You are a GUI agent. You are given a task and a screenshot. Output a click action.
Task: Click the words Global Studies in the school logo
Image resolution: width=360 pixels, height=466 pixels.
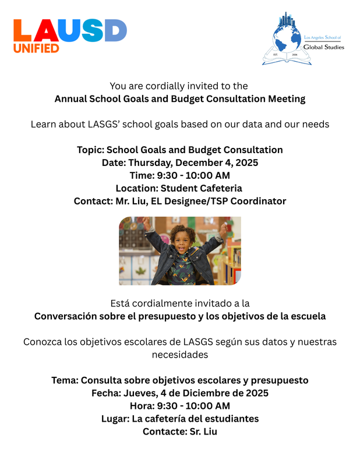324,47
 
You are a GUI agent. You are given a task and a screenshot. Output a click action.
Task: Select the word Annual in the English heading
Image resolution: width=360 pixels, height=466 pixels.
70,98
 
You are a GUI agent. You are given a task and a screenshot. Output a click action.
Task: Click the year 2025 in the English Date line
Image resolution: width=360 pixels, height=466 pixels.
245,163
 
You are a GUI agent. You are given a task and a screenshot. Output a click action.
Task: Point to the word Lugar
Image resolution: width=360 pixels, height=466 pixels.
115,419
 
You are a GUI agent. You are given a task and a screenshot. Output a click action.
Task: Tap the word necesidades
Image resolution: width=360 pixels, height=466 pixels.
180,355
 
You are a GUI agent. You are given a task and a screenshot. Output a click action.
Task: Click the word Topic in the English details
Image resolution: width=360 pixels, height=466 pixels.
90,150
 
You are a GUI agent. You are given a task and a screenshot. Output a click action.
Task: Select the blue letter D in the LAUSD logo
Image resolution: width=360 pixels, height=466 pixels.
115,30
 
